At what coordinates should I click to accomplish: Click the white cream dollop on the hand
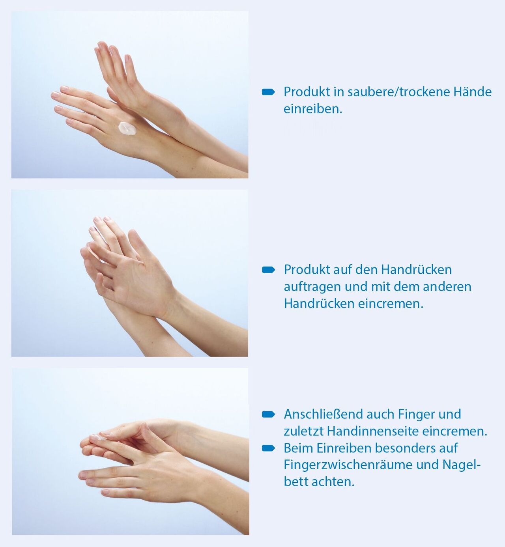pyautogui.click(x=127, y=129)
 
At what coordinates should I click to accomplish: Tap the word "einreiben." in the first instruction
pyautogui.click(x=313, y=109)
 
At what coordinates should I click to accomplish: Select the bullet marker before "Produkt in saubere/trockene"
pyautogui.click(x=268, y=92)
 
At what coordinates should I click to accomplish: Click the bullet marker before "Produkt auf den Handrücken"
pyautogui.click(x=268, y=270)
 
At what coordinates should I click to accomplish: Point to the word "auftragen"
pyautogui.click(x=312, y=287)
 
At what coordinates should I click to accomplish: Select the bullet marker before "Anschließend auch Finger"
pyautogui.click(x=268, y=414)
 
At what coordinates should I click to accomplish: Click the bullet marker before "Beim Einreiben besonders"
pyautogui.click(x=268, y=448)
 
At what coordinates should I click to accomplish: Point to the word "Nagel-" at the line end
pyautogui.click(x=462, y=465)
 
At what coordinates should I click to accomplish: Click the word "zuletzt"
pyautogui.click(x=304, y=431)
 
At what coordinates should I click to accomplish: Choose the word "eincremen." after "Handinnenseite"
pyautogui.click(x=454, y=431)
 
